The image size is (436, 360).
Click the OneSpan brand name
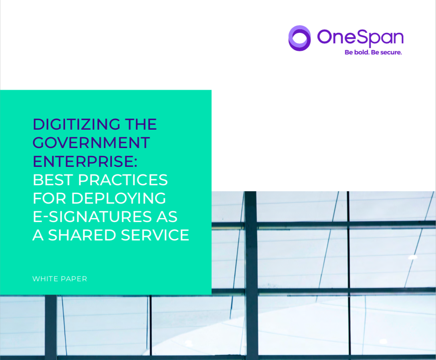[360, 38]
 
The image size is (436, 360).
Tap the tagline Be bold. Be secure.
[373, 52]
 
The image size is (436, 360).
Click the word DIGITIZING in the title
[76, 124]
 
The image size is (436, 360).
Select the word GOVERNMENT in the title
[91, 142]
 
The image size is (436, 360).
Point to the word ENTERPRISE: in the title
[85, 161]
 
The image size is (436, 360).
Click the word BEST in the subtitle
[53, 180]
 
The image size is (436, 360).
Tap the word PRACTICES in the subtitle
[123, 180]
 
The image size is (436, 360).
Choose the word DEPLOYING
[119, 198]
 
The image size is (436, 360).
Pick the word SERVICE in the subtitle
[155, 235]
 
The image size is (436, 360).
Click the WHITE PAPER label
[60, 279]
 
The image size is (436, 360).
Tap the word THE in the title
[141, 124]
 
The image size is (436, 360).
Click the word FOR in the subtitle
[50, 198]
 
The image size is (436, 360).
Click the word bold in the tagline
[362, 52]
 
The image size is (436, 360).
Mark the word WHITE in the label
[44, 279]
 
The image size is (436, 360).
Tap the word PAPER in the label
[73, 279]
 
